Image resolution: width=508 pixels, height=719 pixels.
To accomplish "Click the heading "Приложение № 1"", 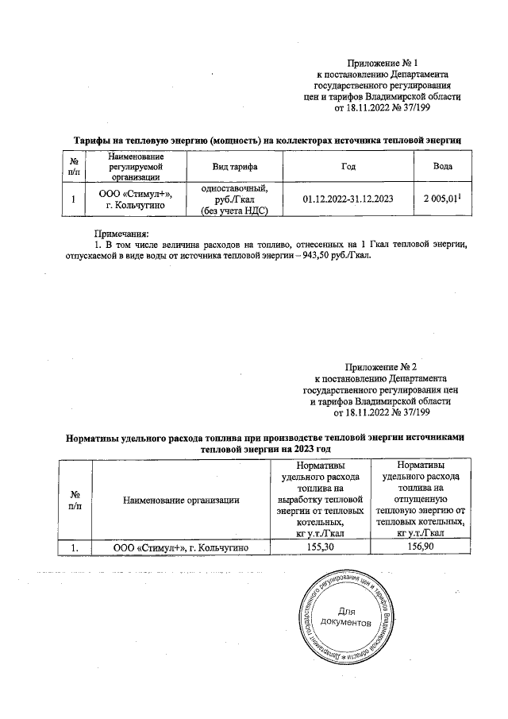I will (382, 62).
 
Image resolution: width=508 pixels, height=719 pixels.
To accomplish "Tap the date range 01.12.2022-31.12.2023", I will (348, 199).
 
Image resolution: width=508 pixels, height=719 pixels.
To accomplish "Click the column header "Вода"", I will (443, 166).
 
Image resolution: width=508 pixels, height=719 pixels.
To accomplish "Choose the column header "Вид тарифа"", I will (234, 166).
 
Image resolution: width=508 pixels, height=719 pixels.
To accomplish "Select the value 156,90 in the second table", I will (421, 548).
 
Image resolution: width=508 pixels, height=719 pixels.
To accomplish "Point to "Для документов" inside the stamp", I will (348, 617).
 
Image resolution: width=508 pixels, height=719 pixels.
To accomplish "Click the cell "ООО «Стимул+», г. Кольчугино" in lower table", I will (182, 548).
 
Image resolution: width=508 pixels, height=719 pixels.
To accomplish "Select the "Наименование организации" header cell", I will (182, 500).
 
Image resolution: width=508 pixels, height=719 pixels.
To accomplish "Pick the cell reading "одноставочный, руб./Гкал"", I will (234, 194).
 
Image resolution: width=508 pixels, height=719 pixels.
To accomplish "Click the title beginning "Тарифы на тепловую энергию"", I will (263, 140).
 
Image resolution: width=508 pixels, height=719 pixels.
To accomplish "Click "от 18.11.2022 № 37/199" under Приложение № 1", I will (382, 107).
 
